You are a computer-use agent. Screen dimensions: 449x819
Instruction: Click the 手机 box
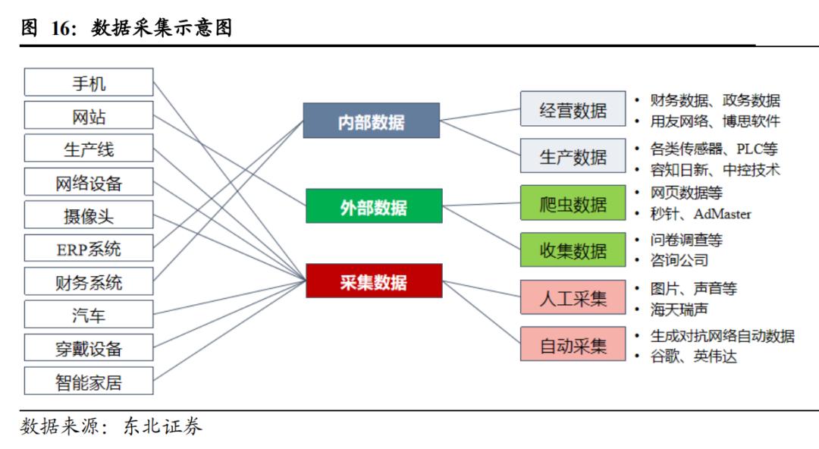coord(89,83)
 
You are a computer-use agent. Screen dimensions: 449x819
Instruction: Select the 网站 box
coord(89,116)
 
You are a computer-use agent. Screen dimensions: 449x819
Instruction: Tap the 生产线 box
coord(89,149)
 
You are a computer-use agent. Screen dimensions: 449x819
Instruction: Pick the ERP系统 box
coord(89,249)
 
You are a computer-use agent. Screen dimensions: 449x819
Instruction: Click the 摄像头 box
coord(89,215)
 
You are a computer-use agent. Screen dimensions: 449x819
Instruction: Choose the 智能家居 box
coord(89,381)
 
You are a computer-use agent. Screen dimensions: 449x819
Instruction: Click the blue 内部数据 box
coord(371,121)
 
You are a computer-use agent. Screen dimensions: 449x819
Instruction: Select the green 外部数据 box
coord(373,206)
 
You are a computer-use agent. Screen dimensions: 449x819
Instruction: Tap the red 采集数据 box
coord(373,281)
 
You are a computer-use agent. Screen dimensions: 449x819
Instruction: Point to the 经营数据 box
coord(573,109)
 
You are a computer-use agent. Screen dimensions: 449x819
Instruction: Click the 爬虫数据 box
coord(573,204)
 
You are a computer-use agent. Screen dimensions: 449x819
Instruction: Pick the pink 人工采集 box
coord(573,298)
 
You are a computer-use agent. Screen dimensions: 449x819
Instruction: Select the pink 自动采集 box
coord(573,345)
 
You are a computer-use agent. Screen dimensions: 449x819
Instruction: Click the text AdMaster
coord(722,214)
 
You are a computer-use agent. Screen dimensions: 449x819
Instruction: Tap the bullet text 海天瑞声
coord(679,309)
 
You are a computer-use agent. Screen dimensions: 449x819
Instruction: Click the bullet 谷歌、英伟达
coord(693,356)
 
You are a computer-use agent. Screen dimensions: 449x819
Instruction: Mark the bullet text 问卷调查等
coord(686,240)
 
